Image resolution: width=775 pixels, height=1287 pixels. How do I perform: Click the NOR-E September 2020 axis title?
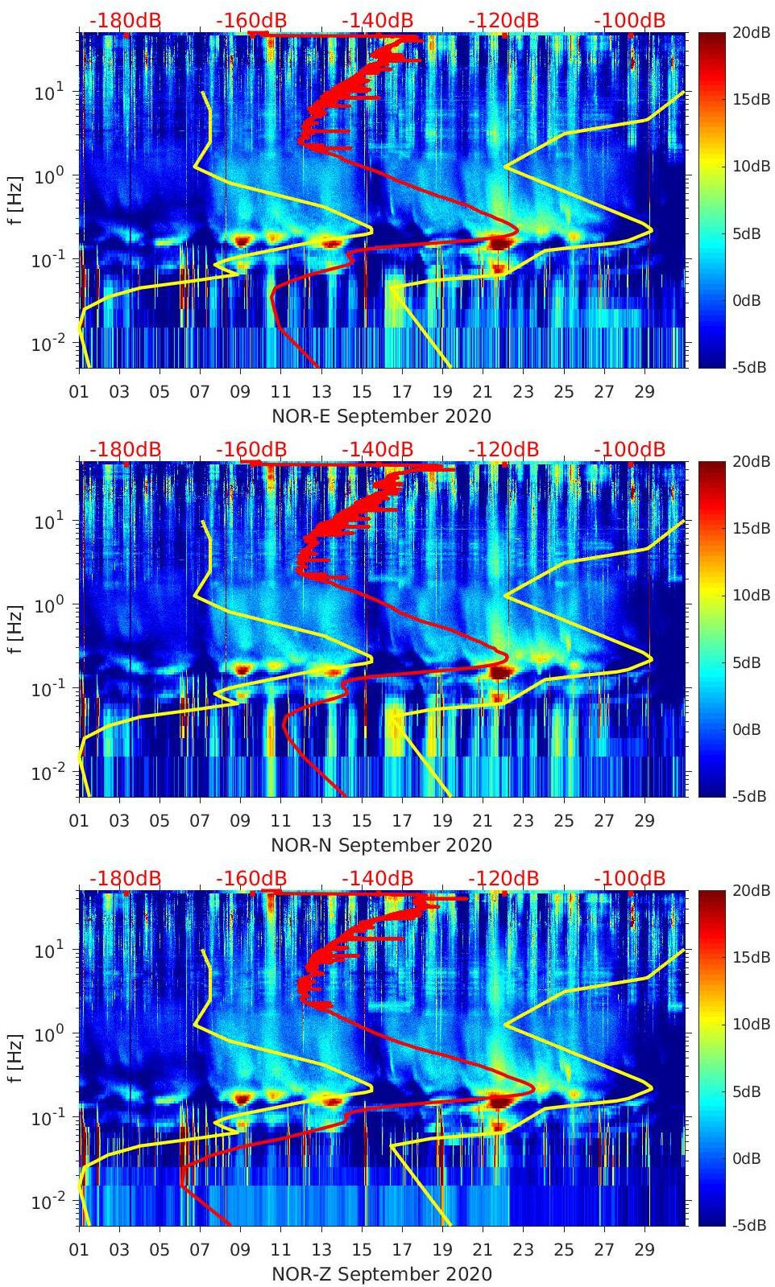pyautogui.click(x=381, y=416)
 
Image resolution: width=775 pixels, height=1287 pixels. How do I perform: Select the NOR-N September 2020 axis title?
pyautogui.click(x=381, y=845)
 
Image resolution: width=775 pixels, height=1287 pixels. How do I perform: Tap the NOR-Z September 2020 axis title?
pyautogui.click(x=381, y=1274)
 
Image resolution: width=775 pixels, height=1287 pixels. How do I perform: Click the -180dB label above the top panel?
pyautogui.click(x=125, y=20)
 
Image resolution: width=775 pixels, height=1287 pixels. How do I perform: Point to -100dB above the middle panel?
pyautogui.click(x=629, y=449)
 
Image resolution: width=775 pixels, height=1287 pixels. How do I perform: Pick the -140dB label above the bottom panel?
pyautogui.click(x=377, y=878)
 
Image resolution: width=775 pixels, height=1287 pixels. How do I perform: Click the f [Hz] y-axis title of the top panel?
pyautogui.click(x=15, y=200)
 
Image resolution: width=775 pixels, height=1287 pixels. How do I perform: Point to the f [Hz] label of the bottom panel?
pyautogui.click(x=15, y=1058)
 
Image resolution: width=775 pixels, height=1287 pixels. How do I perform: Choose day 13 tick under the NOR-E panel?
pyautogui.click(x=321, y=392)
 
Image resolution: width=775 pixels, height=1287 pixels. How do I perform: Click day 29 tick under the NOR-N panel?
pyautogui.click(x=644, y=821)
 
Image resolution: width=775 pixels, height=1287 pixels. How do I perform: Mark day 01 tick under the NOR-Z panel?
pyautogui.click(x=79, y=1250)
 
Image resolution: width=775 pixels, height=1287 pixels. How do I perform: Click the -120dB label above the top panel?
pyautogui.click(x=504, y=20)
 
